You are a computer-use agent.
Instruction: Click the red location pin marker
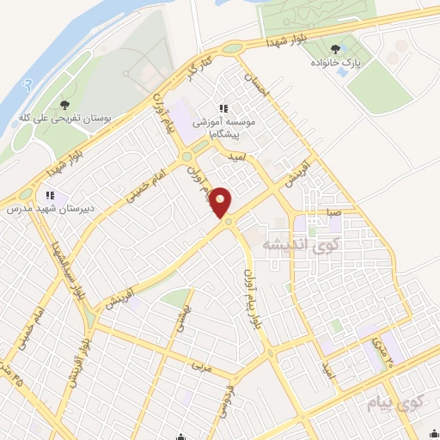(x=221, y=203)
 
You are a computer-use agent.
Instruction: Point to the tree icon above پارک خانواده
(x=335, y=49)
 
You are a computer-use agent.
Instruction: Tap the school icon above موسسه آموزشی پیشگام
(x=224, y=108)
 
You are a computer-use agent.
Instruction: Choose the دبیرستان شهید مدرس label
(x=50, y=206)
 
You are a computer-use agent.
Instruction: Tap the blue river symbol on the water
(x=29, y=84)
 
